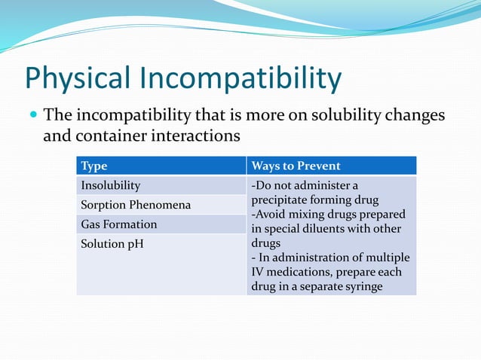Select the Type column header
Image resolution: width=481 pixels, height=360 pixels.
94,166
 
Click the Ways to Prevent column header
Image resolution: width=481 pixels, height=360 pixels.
296,166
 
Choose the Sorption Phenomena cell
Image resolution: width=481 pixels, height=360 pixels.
135,205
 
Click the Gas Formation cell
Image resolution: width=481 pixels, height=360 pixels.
118,224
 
